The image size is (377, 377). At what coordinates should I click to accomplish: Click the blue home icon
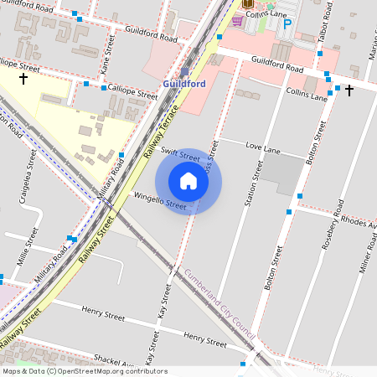tap(188, 181)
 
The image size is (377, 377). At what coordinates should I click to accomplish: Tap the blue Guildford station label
tap(184, 85)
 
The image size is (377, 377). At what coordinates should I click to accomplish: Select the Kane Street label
tap(106, 59)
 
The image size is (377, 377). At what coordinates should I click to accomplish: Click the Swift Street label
tap(179, 157)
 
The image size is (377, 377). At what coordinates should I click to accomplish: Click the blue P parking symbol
tap(287, 25)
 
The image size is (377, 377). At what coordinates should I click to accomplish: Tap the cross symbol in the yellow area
tap(23, 80)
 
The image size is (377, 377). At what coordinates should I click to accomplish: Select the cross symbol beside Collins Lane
tap(349, 90)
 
